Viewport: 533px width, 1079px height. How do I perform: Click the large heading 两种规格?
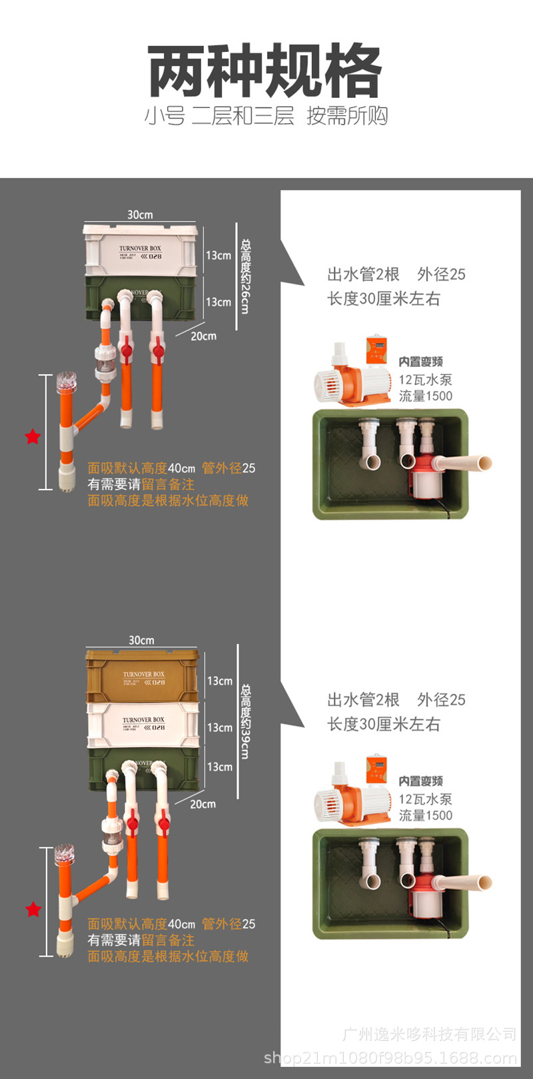pos(265,71)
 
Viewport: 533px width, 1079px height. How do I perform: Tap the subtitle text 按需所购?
pos(346,116)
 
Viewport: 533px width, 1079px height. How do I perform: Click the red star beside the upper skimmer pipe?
pos(33,437)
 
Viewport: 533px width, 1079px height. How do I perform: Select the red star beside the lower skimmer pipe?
pos(33,910)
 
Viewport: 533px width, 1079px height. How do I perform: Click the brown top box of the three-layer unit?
pos(143,676)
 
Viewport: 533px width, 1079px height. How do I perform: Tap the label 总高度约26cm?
pos(245,276)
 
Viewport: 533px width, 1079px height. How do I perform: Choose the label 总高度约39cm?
pos(245,721)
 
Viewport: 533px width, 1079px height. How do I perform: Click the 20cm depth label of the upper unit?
pos(203,336)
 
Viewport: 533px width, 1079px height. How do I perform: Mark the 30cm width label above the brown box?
pos(141,640)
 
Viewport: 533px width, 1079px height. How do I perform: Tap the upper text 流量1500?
pos(425,396)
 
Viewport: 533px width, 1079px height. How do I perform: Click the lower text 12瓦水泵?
pos(425,799)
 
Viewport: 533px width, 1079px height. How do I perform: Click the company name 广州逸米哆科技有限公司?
pos(429,1034)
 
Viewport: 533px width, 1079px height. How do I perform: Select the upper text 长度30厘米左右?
pos(383,299)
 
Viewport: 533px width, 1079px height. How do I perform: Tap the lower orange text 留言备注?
pos(168,940)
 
